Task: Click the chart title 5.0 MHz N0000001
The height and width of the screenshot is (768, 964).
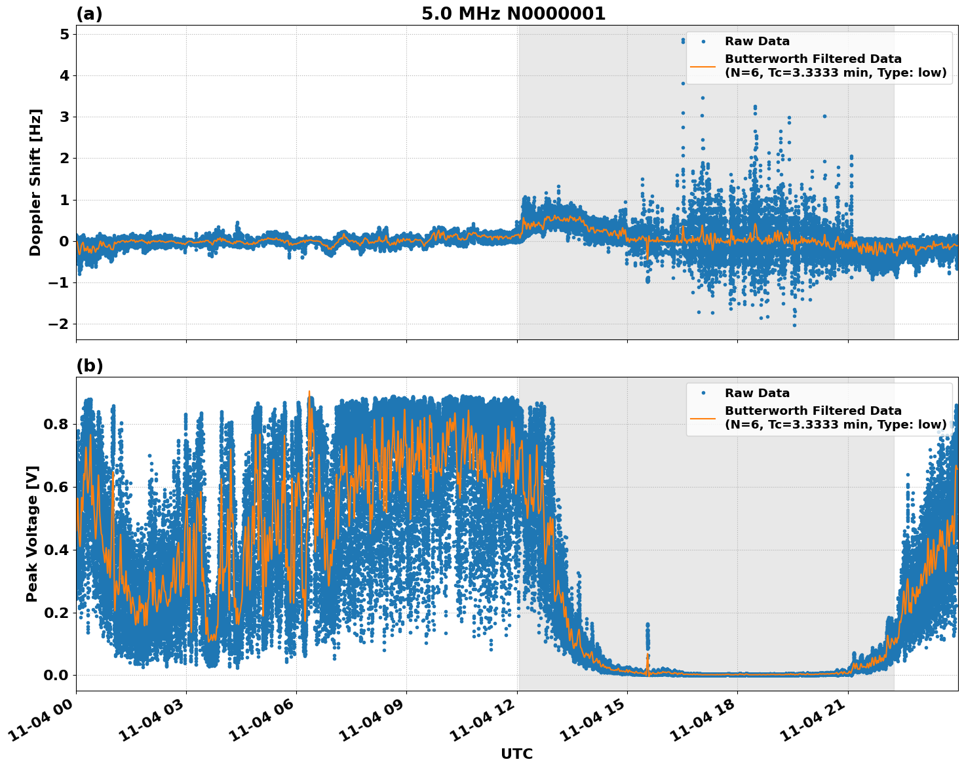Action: [513, 14]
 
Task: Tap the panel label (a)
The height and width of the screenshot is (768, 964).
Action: [89, 14]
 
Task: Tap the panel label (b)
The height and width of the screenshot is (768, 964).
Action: [89, 366]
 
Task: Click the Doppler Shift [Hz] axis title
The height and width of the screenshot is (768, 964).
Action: [35, 182]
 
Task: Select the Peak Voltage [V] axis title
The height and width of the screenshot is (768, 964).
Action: [32, 533]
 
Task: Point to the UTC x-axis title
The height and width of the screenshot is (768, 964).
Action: [516, 754]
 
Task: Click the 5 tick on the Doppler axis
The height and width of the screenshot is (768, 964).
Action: [64, 34]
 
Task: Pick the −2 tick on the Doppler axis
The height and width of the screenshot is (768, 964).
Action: [60, 324]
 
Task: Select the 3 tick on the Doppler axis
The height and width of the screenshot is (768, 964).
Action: [64, 117]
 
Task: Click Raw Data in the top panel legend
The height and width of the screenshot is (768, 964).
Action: [757, 41]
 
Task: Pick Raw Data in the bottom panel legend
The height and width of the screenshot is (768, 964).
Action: [757, 393]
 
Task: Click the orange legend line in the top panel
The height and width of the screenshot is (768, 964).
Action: [703, 66]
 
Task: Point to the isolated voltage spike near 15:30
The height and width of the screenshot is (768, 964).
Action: [647, 636]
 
